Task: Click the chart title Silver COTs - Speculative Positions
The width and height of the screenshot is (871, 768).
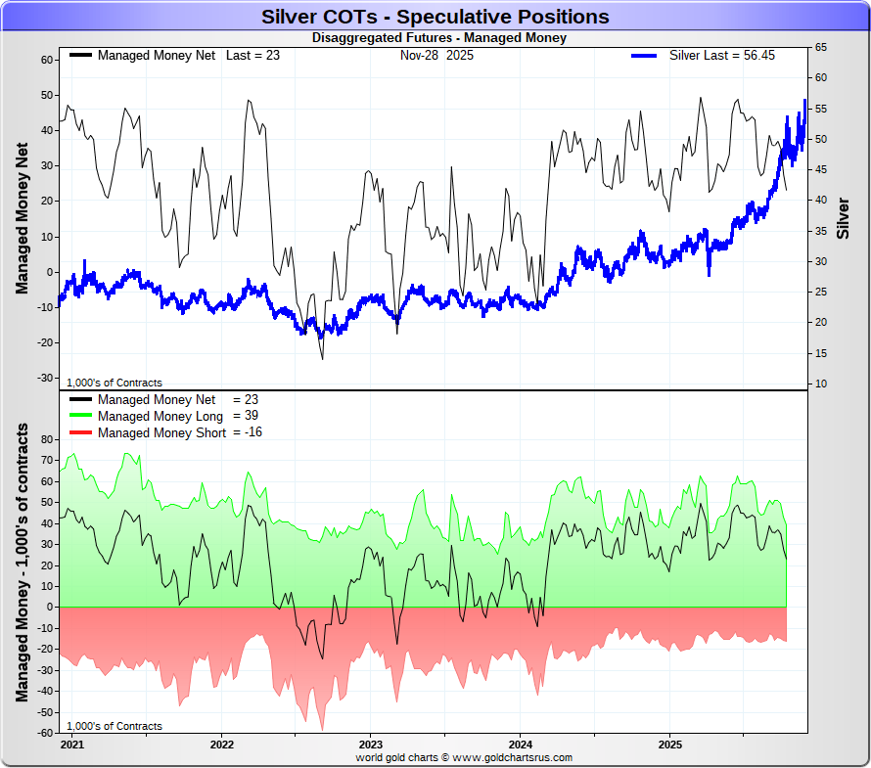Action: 435,17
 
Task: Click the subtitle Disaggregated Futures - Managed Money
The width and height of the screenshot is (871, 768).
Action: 438,38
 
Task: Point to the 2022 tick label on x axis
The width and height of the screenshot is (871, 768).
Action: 221,745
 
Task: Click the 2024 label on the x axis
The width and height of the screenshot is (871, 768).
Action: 520,745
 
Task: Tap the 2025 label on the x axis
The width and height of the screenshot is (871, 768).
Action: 669,745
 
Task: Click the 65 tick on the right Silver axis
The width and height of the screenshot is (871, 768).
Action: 821,47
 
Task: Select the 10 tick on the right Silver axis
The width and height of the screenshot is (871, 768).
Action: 821,384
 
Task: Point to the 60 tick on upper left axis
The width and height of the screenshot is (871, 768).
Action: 46,60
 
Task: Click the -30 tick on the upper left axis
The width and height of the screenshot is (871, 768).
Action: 44,378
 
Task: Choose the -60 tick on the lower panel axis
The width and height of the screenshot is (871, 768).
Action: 44,733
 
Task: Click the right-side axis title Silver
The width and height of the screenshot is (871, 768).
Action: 844,218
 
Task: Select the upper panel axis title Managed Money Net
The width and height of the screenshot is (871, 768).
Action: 22,216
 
